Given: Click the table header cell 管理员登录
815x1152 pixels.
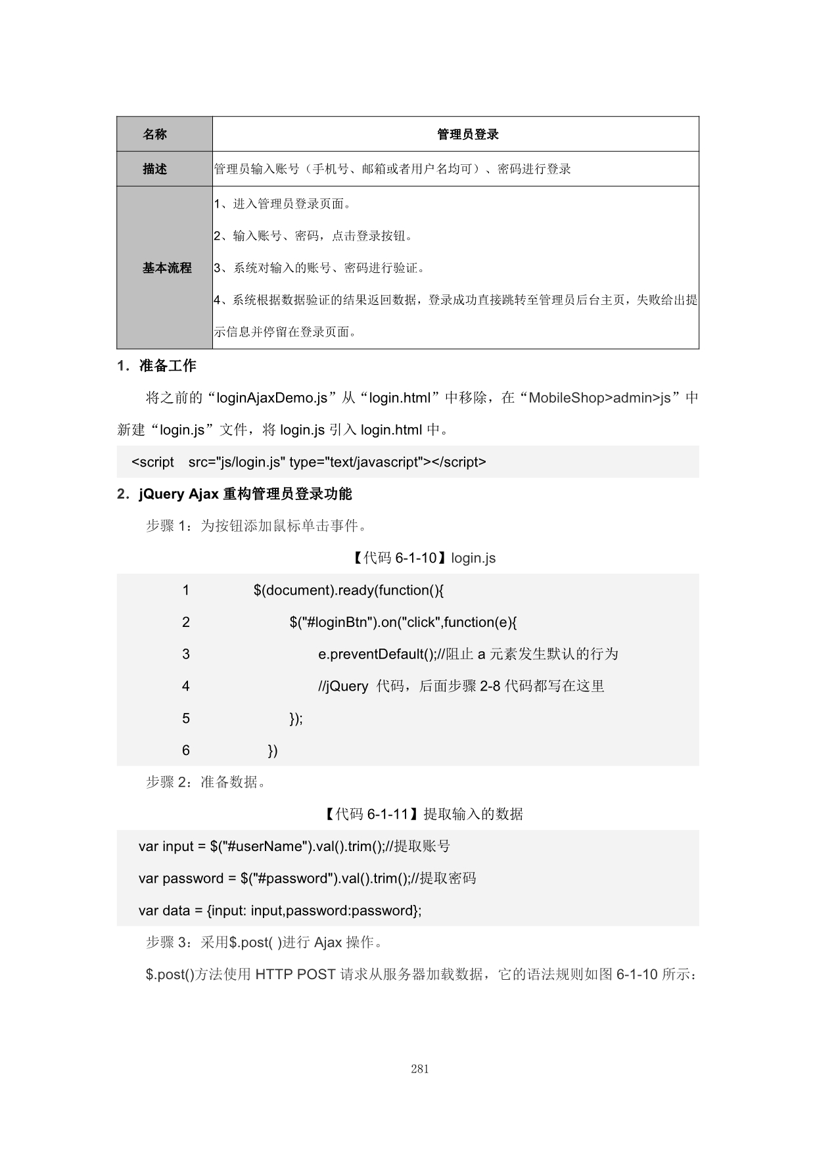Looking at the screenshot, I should pyautogui.click(x=467, y=135).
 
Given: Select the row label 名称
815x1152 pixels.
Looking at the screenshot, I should pyautogui.click(x=155, y=135).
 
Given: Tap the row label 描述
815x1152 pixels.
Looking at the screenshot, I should pyautogui.click(x=155, y=170).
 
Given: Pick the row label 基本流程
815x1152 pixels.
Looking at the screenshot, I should pyautogui.click(x=167, y=268).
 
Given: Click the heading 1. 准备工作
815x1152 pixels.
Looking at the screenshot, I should pyautogui.click(x=156, y=366).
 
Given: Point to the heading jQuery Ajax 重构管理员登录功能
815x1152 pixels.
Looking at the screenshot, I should pyautogui.click(x=245, y=494).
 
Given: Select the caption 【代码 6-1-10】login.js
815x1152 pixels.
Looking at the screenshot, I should pyautogui.click(x=420, y=559).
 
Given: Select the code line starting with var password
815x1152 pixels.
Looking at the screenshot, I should pyautogui.click(x=307, y=879).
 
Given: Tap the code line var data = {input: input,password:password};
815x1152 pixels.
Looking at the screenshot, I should pyautogui.click(x=280, y=911).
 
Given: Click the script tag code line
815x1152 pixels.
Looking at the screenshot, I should pyautogui.click(x=309, y=463).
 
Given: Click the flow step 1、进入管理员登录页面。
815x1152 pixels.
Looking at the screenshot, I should pyautogui.click(x=283, y=204).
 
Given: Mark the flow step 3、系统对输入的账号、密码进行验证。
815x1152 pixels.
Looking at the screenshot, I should pyautogui.click(x=319, y=268).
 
